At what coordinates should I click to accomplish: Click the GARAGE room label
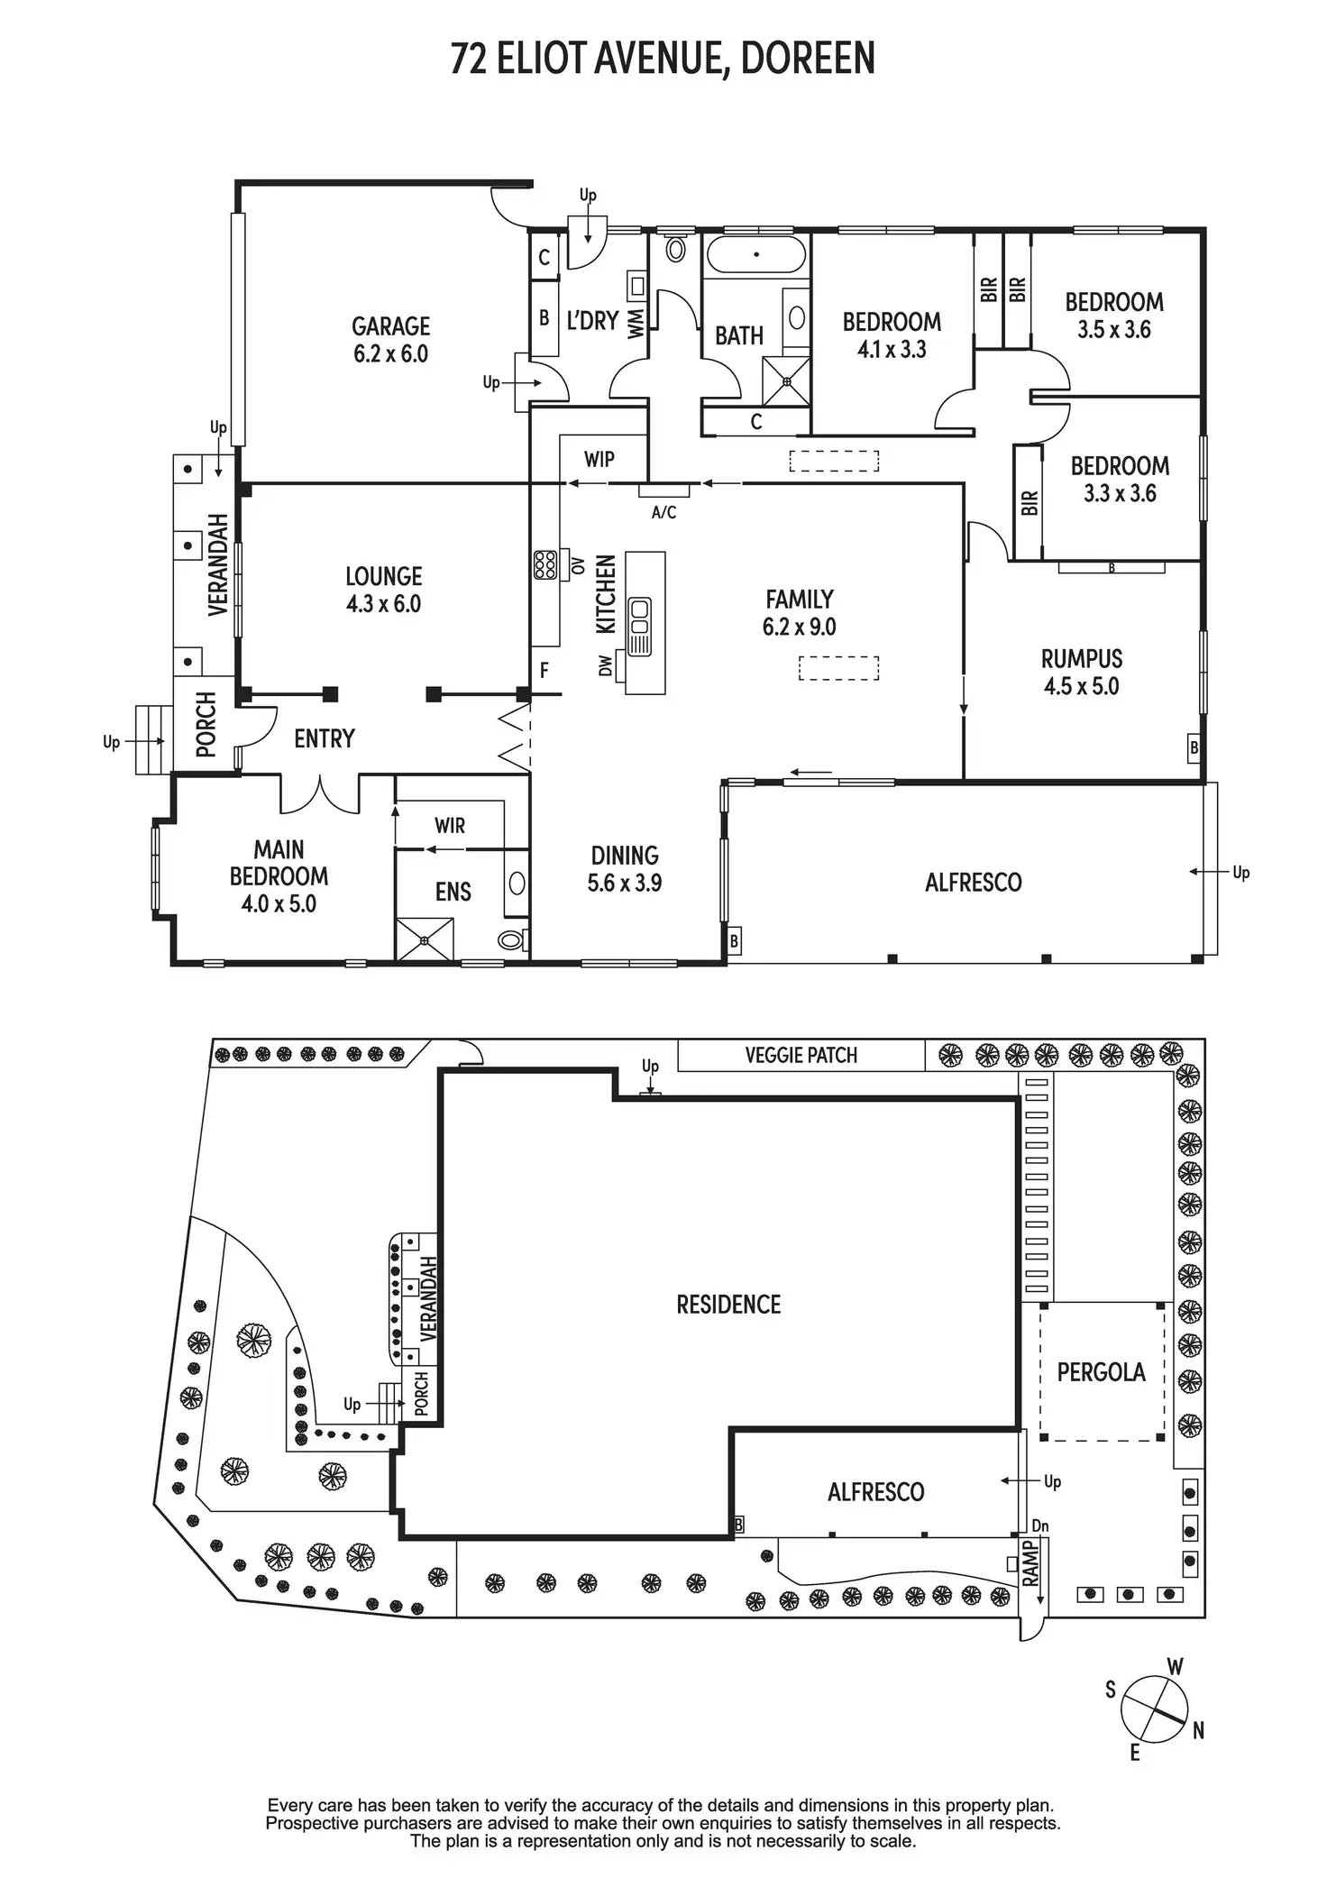pos(390,325)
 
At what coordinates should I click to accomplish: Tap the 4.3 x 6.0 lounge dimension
pos(383,604)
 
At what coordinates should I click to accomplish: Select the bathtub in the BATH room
pos(755,255)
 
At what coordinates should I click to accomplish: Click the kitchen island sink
pos(640,615)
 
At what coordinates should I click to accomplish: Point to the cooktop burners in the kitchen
pos(545,564)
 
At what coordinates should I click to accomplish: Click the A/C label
pos(663,513)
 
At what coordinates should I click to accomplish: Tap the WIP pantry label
pos(599,459)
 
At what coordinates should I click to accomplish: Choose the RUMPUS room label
pos(1082,658)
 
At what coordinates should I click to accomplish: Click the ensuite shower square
pos(424,939)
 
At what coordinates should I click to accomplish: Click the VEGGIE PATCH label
pos(801,1055)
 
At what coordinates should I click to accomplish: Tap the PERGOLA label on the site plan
pos(1101,1372)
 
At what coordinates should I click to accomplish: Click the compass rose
pos(1153,1709)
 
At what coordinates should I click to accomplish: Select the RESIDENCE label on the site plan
pos(728,1305)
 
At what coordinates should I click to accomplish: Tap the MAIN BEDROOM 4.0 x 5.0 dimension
pos(279,903)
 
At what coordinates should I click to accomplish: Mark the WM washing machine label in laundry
pos(636,323)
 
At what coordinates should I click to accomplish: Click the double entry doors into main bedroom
pos(320,793)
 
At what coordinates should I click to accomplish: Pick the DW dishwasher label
pos(606,665)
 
